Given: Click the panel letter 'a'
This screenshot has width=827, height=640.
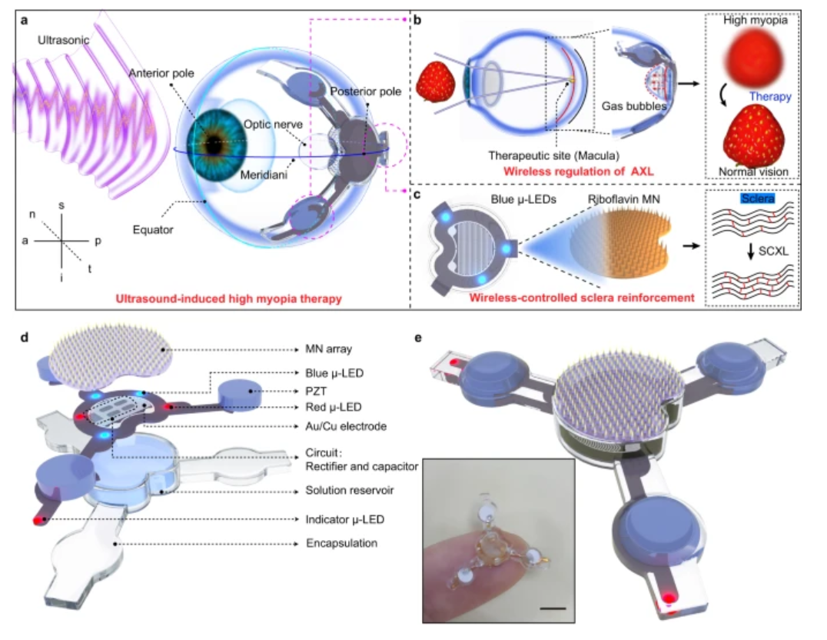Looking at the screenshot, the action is click(x=24, y=21).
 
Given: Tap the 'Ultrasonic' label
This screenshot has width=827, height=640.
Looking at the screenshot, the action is click(x=63, y=40).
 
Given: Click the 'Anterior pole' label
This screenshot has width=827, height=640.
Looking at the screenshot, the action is click(x=161, y=73).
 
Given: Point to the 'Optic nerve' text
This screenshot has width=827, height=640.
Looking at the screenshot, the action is click(x=273, y=125).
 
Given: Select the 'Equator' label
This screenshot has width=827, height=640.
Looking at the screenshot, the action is click(x=153, y=230).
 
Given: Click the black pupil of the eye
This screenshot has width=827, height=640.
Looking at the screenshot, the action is click(x=214, y=145).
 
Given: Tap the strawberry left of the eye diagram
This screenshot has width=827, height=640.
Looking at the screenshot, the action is click(x=435, y=82).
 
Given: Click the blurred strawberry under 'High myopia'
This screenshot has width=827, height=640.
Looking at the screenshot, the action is click(x=754, y=55).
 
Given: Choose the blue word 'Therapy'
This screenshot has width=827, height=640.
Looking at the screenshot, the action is click(x=771, y=97).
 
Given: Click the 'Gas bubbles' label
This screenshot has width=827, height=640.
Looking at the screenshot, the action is click(x=634, y=106).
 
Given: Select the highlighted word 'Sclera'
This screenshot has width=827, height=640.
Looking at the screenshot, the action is click(x=758, y=198).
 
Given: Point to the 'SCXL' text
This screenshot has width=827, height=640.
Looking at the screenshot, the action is click(x=773, y=252).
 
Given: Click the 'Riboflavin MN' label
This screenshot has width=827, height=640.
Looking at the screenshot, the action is click(x=623, y=199).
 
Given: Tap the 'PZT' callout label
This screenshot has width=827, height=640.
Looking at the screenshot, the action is click(x=316, y=392).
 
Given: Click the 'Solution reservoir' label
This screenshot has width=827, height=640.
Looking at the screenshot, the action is click(x=350, y=491).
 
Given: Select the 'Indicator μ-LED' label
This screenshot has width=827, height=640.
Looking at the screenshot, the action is click(x=345, y=519).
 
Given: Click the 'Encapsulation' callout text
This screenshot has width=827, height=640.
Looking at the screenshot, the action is click(x=342, y=543).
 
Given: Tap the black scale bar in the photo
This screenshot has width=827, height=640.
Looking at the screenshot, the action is click(x=553, y=608).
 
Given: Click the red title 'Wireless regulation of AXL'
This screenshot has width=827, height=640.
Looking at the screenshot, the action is click(x=579, y=172).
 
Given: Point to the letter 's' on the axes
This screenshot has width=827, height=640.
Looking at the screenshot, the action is click(x=61, y=205).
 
